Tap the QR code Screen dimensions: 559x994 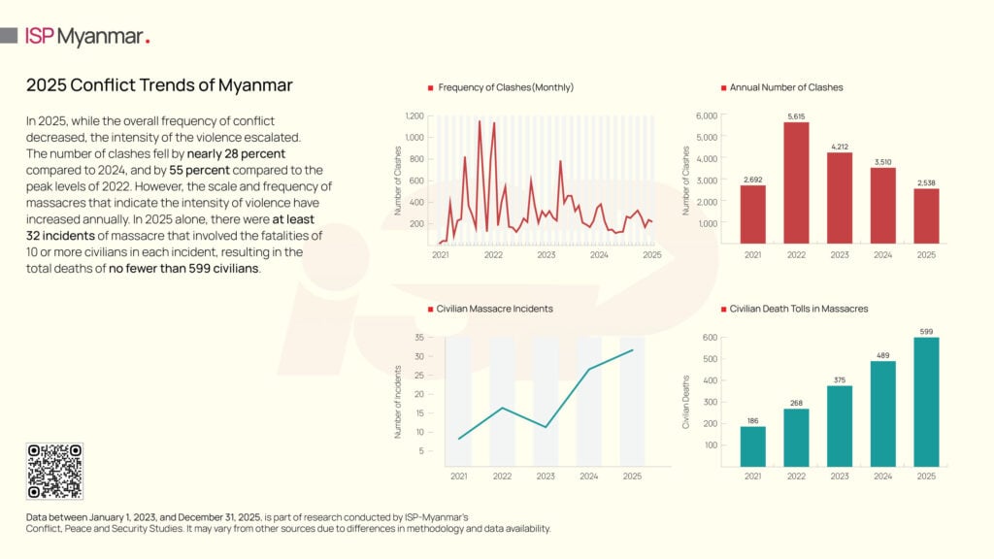pos(54,471)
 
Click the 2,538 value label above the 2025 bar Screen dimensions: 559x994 pos(927,181)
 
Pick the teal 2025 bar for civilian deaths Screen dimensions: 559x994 pos(927,402)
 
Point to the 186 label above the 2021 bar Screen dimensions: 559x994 pos(752,420)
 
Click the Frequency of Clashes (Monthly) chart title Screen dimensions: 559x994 pos(506,87)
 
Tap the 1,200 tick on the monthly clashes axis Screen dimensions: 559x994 pos(414,115)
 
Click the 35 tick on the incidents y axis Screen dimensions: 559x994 pos(418,337)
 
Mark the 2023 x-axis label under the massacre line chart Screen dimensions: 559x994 pos(546,477)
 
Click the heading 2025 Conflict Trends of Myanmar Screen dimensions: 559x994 pos(159,85)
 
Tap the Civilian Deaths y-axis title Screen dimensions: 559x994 pos(686,402)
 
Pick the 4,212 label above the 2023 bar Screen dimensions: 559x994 pos(840,147)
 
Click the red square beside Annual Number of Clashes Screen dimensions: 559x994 pos(722,87)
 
